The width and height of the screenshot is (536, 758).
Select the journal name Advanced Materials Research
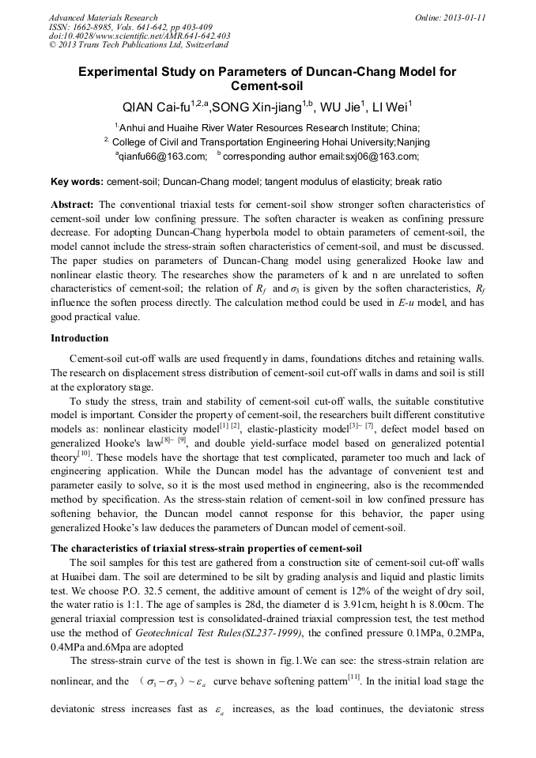tap(103, 17)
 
